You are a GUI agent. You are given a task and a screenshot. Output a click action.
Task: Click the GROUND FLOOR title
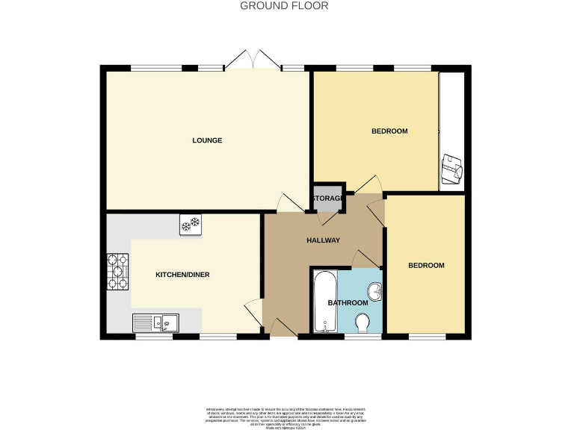(x=283, y=6)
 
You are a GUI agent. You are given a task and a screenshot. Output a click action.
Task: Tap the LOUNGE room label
(x=207, y=140)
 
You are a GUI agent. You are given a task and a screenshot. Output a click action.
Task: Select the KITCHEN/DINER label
(x=182, y=275)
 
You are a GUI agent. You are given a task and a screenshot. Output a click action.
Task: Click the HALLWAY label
(x=324, y=240)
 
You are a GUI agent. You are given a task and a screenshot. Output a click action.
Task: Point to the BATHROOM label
(x=348, y=302)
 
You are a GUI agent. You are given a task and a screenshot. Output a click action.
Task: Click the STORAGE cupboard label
(x=328, y=199)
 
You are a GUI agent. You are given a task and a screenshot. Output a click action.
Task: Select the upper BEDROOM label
(x=389, y=131)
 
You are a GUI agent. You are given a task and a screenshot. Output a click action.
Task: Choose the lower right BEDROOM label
(x=426, y=266)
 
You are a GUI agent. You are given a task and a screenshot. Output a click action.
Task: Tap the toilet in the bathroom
(x=362, y=322)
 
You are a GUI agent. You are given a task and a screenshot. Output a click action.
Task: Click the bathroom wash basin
(x=376, y=291)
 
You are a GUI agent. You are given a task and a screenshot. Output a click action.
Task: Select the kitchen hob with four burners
(x=117, y=272)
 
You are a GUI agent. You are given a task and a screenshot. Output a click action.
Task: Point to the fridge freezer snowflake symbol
(x=190, y=223)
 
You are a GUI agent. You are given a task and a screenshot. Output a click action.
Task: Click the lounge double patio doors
(x=253, y=60)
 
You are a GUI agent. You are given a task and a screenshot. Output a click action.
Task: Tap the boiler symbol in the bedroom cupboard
(x=452, y=170)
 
